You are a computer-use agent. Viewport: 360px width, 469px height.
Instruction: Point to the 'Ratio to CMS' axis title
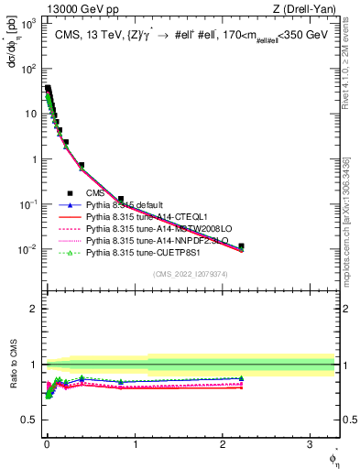pos(12,365)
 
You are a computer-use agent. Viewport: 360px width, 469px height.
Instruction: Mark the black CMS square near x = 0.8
pos(120,199)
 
